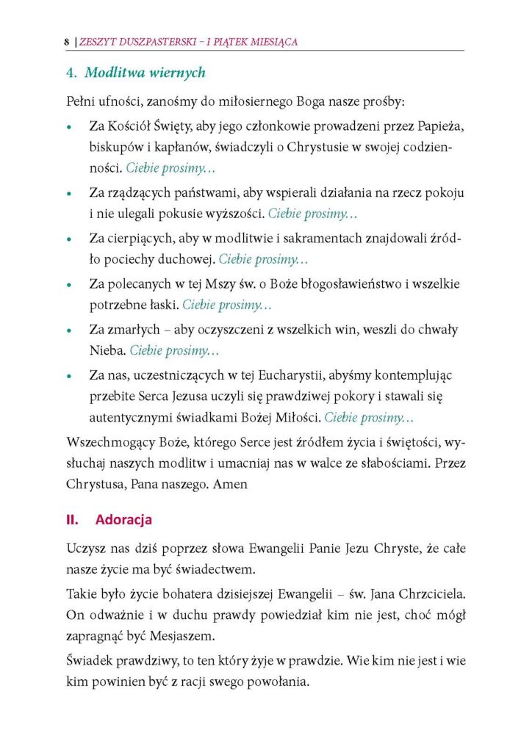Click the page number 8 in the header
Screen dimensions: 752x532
pos(66,43)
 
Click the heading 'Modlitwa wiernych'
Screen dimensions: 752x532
pos(145,73)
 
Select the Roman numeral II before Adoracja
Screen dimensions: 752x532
pos(72,520)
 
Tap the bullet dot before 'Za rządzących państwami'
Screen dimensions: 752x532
pos(68,194)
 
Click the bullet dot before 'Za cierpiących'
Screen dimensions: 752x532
pos(68,240)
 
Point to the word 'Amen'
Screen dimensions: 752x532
pos(231,485)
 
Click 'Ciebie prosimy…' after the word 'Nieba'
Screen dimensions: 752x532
pos(175,351)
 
